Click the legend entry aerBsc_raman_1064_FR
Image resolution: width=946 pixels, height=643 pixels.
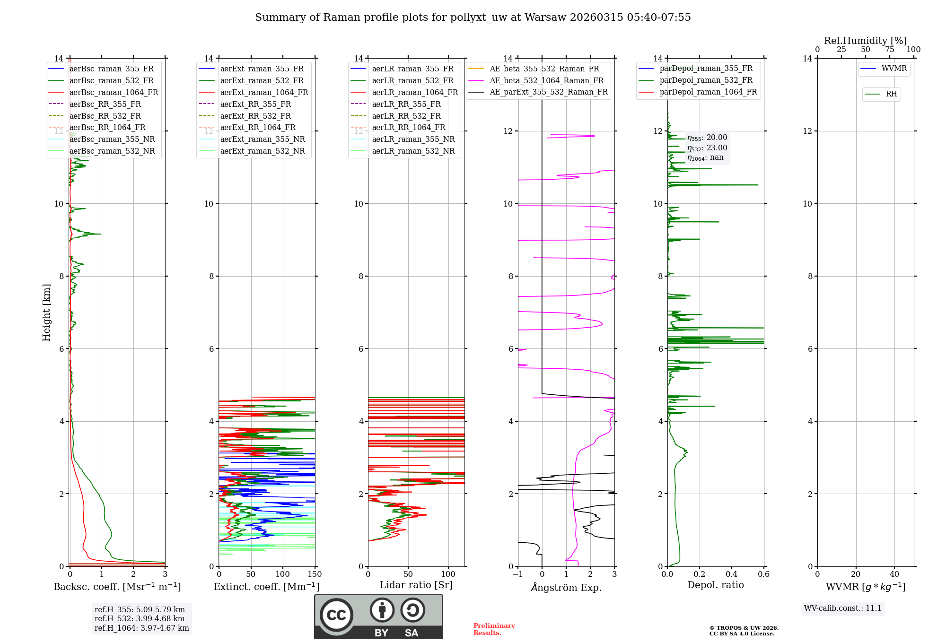point(114,92)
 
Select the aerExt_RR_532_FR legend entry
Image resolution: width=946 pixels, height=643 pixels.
point(255,116)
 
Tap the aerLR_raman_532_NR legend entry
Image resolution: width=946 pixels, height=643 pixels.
point(413,151)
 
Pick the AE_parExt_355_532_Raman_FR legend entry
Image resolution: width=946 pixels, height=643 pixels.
point(549,92)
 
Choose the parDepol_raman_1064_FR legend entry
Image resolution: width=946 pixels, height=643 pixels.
point(708,92)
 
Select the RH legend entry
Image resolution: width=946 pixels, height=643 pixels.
point(891,94)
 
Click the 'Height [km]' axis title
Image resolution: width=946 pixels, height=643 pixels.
point(46,313)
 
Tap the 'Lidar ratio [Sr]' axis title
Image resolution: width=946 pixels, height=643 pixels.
point(416,585)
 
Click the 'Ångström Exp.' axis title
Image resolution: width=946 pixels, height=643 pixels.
point(566,588)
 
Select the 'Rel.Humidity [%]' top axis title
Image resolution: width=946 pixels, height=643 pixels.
point(866,41)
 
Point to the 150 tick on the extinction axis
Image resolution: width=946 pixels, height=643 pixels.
point(315,574)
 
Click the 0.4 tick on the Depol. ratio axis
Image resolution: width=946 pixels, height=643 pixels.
point(732,574)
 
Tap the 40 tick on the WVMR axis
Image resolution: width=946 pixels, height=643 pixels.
point(894,574)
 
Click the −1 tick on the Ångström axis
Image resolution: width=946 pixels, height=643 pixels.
point(517,574)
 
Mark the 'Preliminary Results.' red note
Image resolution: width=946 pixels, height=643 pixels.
point(494,629)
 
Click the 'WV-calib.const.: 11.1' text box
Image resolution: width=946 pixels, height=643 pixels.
point(843,608)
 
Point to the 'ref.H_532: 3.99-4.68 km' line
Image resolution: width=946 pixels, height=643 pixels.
point(140,619)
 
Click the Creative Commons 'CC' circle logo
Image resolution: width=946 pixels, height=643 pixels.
point(336,615)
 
